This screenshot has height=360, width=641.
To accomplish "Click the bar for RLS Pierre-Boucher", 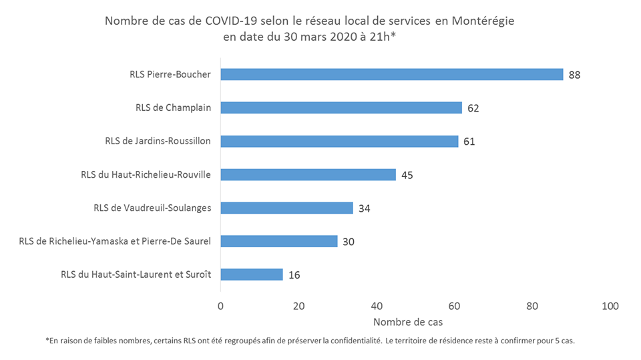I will coord(391,74).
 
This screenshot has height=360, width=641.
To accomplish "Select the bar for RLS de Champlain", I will coord(341,108).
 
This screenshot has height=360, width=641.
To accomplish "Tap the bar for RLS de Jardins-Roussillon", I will coord(339,141).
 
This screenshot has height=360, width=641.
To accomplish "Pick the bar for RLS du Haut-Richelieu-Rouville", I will coord(308,174).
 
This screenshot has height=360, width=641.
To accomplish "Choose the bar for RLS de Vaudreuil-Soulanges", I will coord(286,208).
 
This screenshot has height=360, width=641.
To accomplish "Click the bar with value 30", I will coord(278,241).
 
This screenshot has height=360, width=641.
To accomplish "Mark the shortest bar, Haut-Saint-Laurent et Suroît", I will coord(251,275).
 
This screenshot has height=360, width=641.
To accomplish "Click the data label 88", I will coord(574,75).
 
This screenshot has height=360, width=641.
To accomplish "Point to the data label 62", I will coord(473,108).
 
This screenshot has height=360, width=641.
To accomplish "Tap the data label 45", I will coord(407,175).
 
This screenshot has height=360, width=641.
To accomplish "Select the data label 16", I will coord(294,275).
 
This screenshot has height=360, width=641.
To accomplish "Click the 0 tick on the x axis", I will coord(220,306).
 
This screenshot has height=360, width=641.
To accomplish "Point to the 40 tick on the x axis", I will coord(376,306).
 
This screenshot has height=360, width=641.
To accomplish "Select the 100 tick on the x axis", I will coord(610,306).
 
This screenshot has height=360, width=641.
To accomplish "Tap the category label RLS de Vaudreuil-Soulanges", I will coord(152,208).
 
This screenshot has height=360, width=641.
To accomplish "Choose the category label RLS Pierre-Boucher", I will coord(170,74).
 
